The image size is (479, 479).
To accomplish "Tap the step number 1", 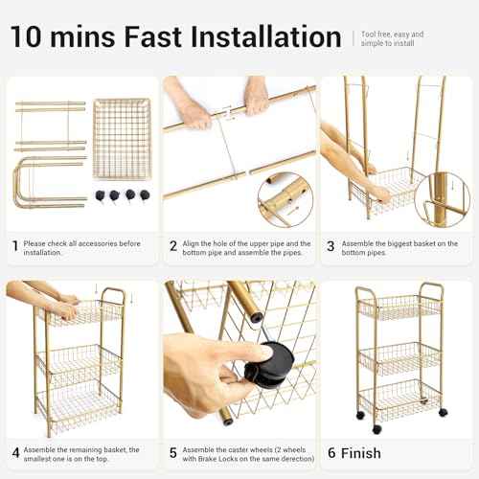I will (x=15, y=246).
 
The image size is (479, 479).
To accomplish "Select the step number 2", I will (x=172, y=246).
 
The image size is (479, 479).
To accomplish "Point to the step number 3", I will (x=331, y=246).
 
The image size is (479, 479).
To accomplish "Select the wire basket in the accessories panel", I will (x=121, y=139).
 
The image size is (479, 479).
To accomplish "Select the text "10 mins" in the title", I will (x=63, y=37).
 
